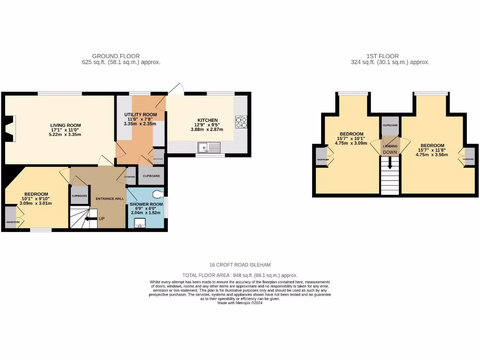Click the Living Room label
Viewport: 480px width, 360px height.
tap(66, 125)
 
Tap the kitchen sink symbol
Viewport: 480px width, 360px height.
tap(209, 148)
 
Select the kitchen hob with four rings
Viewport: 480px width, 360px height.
tap(241, 122)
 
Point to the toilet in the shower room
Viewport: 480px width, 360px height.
tap(159, 194)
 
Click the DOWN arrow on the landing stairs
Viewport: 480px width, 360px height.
tap(389, 166)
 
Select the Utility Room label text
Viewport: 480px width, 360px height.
tap(140, 115)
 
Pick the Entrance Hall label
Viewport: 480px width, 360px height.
tap(110, 199)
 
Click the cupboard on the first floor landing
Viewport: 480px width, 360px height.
tap(390, 126)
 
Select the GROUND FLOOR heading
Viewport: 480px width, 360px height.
tap(116, 56)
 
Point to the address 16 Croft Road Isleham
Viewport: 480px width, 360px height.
tap(240, 264)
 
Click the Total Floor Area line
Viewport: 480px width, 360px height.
tap(240, 276)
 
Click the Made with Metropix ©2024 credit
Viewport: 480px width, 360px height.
tap(240, 303)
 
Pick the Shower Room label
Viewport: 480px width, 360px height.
tap(146, 204)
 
